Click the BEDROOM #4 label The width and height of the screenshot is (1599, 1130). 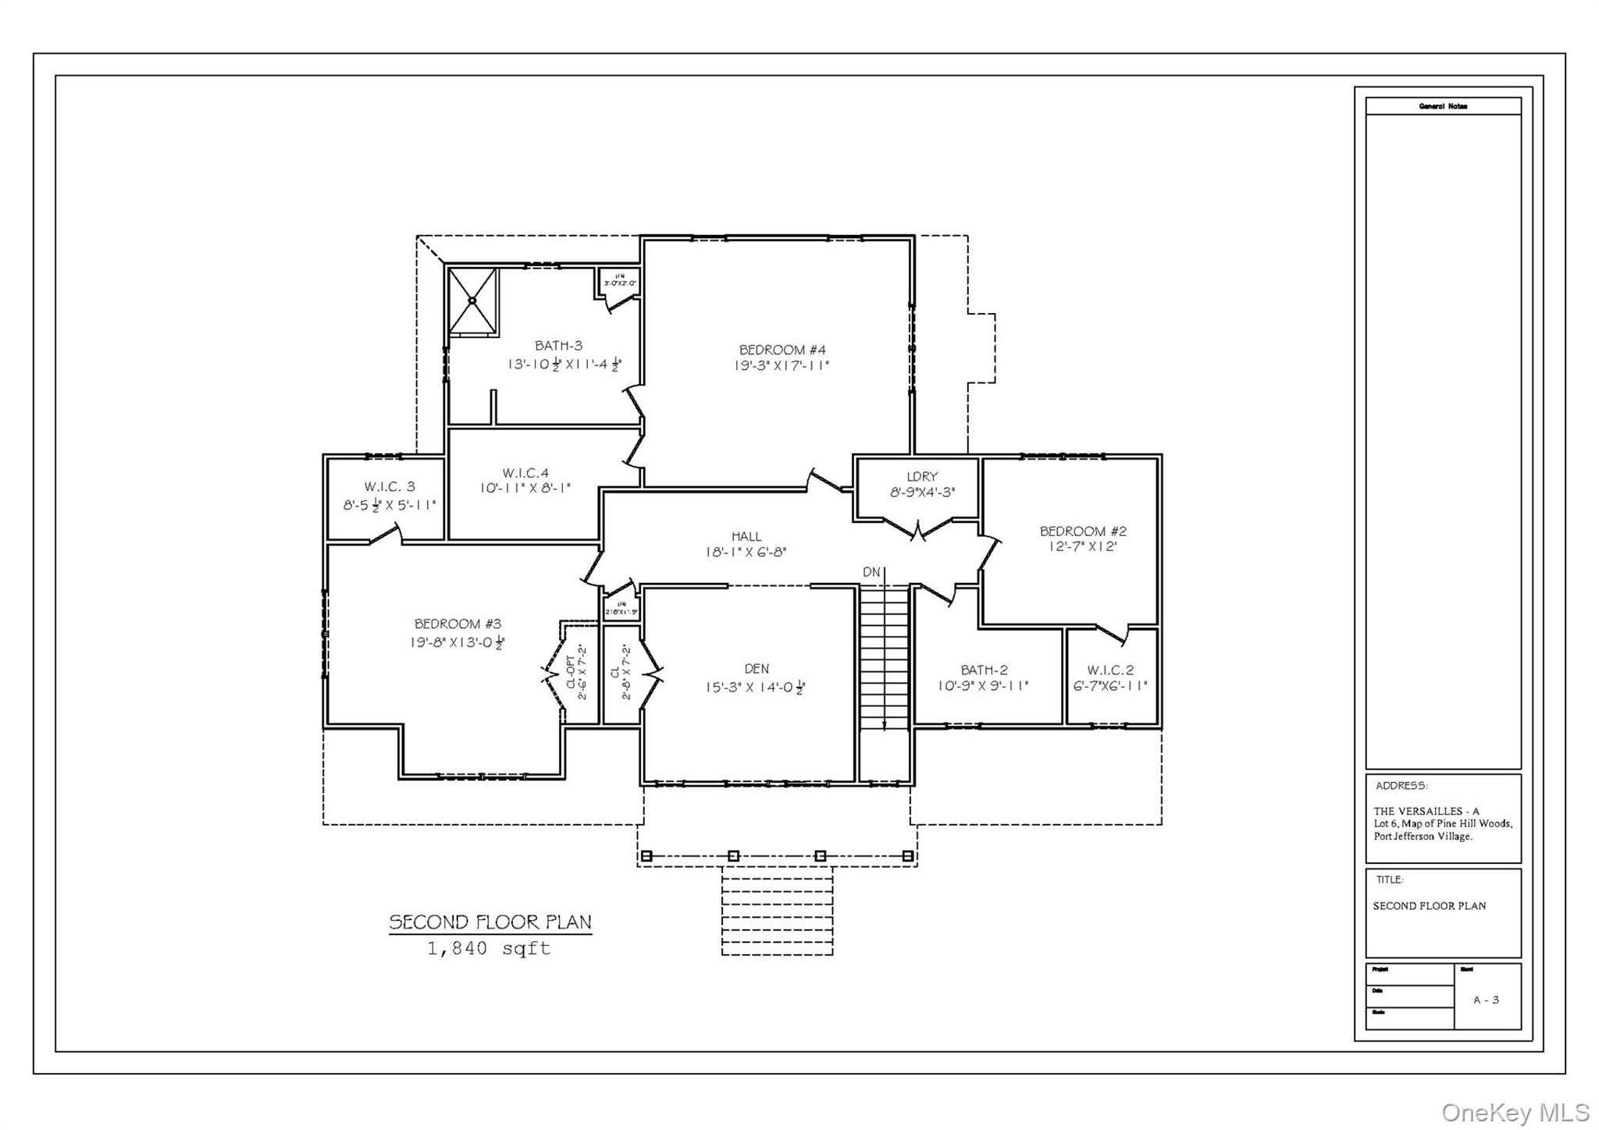point(782,350)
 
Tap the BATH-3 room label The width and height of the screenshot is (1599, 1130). point(558,346)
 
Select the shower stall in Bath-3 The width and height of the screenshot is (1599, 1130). point(472,301)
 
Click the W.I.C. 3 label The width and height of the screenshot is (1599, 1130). point(390,487)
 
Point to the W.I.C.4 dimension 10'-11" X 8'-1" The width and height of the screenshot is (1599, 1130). point(525,489)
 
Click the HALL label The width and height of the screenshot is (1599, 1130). point(746,536)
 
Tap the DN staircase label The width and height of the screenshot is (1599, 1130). point(871,572)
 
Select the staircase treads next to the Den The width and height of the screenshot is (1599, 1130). point(884,656)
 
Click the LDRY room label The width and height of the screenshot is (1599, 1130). point(922,476)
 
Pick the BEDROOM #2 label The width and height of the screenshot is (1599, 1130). point(1083,531)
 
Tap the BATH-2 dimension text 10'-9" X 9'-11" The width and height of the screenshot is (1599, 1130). point(983,686)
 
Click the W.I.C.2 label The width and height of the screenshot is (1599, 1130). point(1110,670)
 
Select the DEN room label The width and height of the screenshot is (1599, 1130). point(757,669)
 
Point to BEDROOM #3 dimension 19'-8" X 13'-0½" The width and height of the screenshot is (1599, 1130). point(458,642)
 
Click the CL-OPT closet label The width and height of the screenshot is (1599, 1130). point(570,672)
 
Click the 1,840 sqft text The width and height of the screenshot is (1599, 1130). point(489,949)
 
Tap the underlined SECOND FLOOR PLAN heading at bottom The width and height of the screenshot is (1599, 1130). point(490,922)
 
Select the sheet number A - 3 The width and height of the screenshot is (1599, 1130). point(1486,1000)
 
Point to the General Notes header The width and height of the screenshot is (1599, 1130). point(1443,106)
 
